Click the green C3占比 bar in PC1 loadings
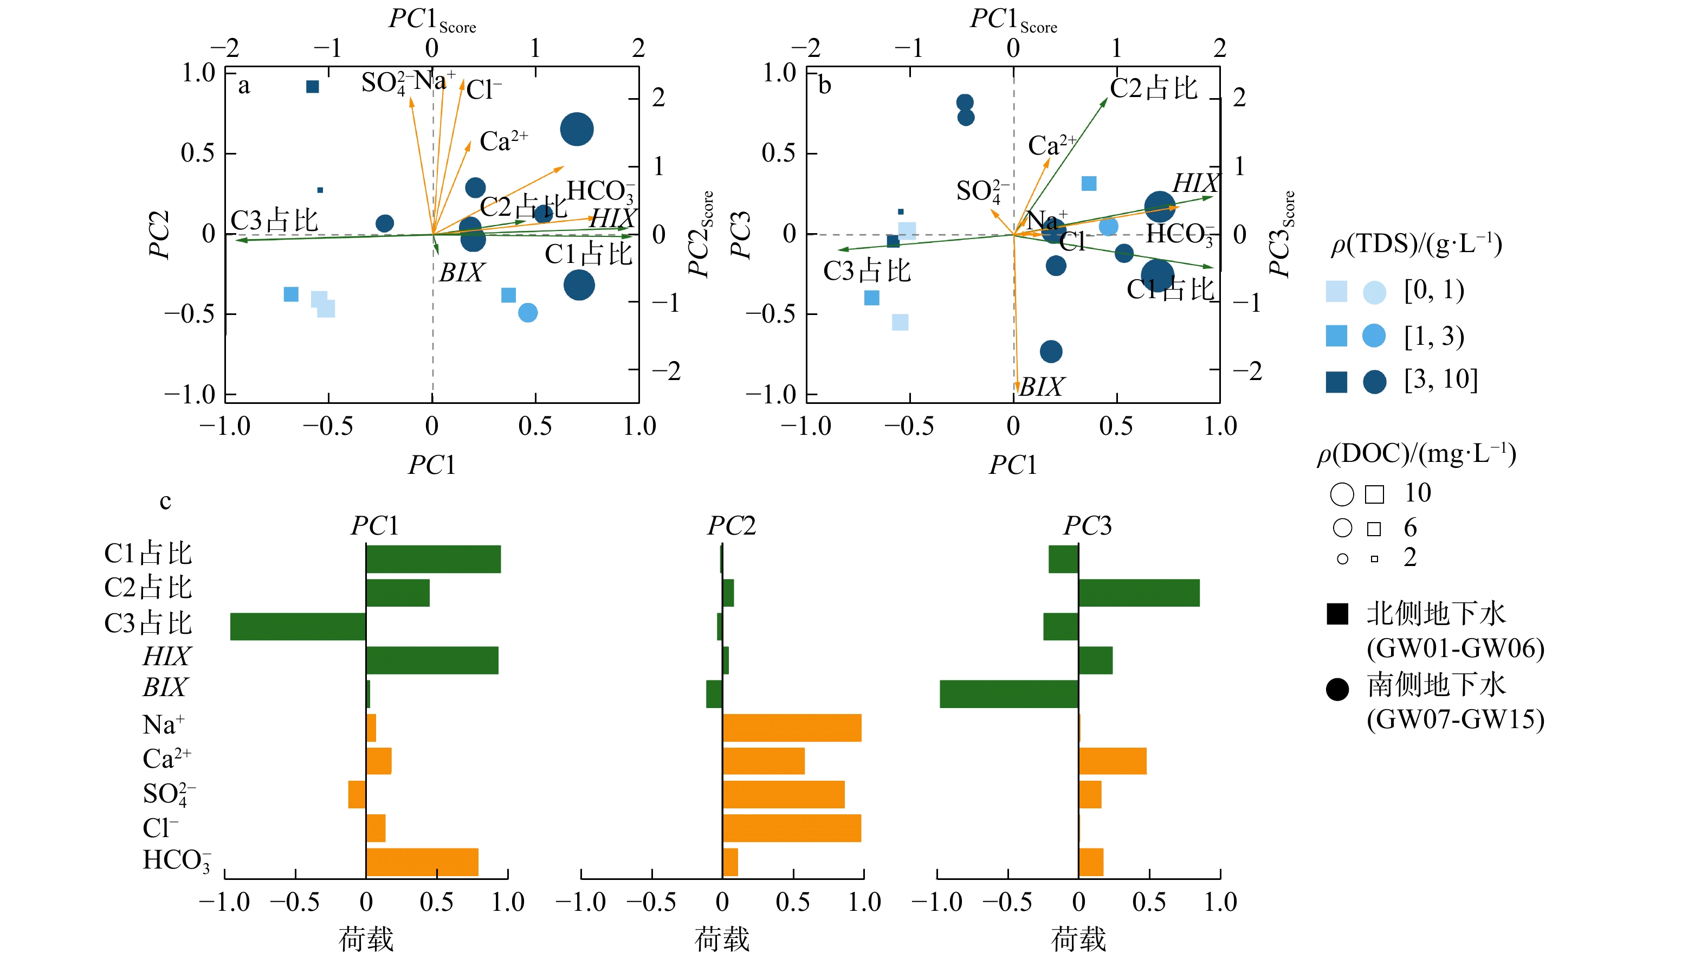click(298, 627)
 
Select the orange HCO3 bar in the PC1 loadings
click(422, 862)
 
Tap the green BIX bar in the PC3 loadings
click(1008, 694)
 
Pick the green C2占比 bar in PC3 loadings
click(1139, 593)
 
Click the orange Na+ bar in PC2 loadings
click(792, 728)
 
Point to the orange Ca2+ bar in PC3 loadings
click(1112, 761)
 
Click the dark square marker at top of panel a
click(312, 87)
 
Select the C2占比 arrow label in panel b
click(1153, 88)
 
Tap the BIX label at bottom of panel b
click(1041, 387)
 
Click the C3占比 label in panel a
click(274, 221)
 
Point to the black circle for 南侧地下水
click(1337, 690)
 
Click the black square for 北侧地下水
click(1337, 614)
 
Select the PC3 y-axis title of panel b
click(740, 235)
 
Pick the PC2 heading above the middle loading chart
click(731, 526)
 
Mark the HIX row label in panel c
click(166, 657)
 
